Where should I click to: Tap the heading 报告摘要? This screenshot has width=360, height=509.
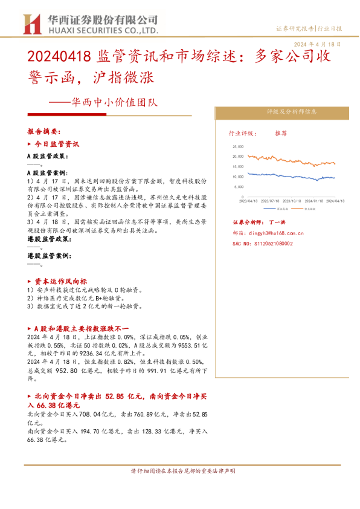45,131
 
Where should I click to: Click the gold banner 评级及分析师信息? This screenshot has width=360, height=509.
283,112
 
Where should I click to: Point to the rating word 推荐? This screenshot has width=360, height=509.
281,132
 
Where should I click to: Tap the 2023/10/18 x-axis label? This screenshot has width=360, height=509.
295,200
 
